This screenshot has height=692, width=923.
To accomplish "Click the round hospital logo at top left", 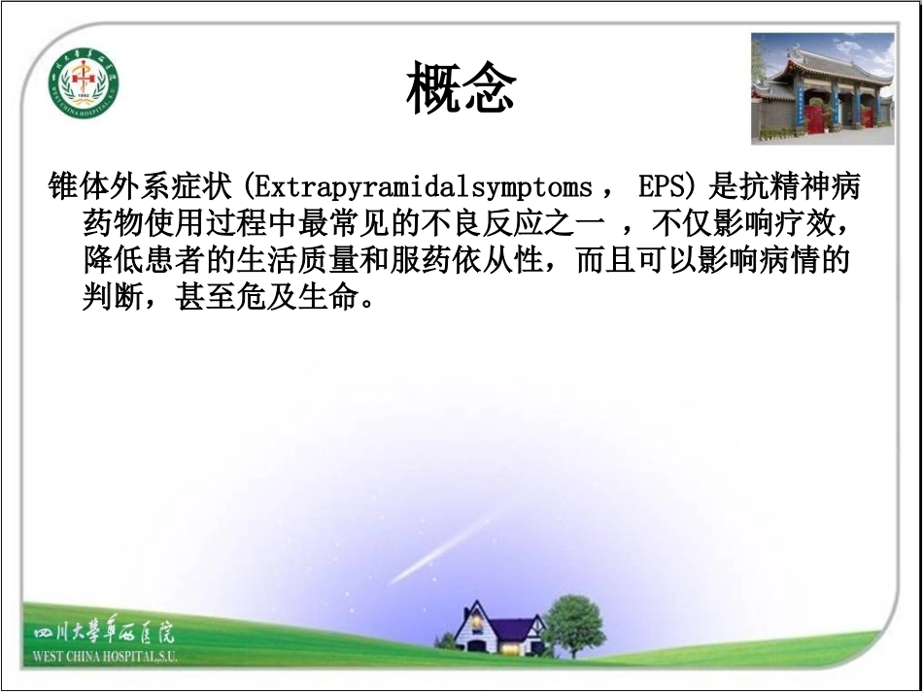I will point(84,83).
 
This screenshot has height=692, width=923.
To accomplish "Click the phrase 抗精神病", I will point(802,187).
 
